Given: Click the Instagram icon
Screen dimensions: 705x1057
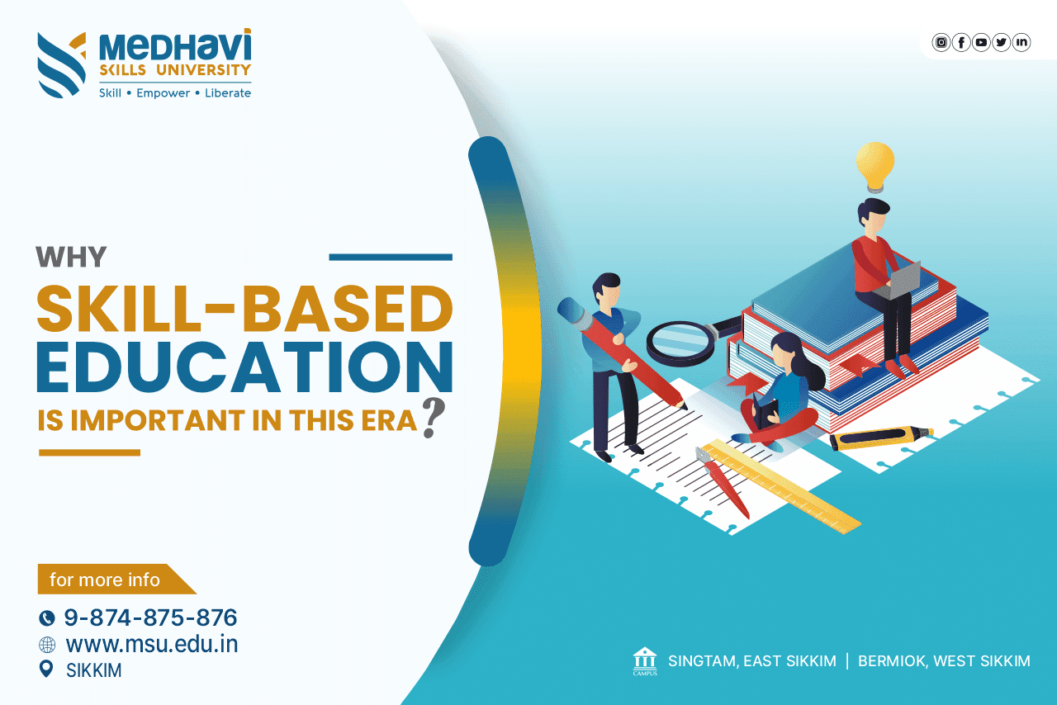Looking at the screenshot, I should pos(941,42).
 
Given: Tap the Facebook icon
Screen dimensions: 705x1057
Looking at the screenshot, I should pos(961,42).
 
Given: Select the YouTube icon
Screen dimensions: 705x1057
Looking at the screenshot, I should pos(981,42).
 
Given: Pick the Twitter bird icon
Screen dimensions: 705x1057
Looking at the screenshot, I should pos(1001,42).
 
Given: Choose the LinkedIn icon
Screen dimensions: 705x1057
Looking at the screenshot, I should pos(1021,42).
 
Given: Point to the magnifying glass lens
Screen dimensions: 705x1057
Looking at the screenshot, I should pos(680,341).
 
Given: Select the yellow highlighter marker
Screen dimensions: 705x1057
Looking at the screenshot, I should pos(879,438).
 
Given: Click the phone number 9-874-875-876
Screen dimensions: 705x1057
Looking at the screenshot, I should pos(150,617).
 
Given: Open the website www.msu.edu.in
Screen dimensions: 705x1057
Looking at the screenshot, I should pos(151,644).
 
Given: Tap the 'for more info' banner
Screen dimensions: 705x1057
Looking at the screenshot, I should pos(107,580).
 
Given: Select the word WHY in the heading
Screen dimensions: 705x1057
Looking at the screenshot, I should pos(71,257).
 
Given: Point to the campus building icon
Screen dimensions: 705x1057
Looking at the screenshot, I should pos(645,660).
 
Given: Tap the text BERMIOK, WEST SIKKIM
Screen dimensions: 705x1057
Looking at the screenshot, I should pos(944,661).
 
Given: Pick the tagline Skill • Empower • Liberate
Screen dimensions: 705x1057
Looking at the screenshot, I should pos(175,93).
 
